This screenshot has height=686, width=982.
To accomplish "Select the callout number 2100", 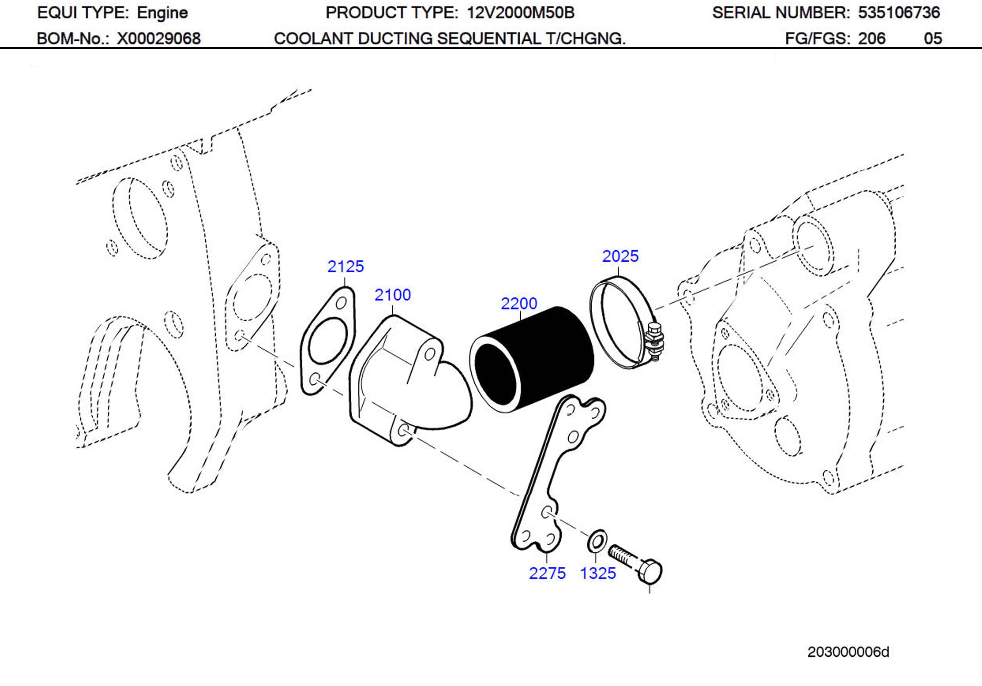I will coord(393,295).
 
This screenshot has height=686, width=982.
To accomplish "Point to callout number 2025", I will coord(620,256).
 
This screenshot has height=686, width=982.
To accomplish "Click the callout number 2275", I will coord(547,573).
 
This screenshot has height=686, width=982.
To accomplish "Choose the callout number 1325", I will coord(598,573).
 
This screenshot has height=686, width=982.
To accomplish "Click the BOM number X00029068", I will coord(159,39).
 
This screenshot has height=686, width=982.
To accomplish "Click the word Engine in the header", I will coord(162,13).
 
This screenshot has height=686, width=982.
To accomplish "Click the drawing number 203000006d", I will coord(848,652).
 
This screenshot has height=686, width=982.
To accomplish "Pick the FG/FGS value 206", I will coord(872,39).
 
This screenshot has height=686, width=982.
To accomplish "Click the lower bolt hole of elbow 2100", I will coord(403,429).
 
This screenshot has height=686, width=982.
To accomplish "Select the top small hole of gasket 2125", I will coord(341,303).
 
